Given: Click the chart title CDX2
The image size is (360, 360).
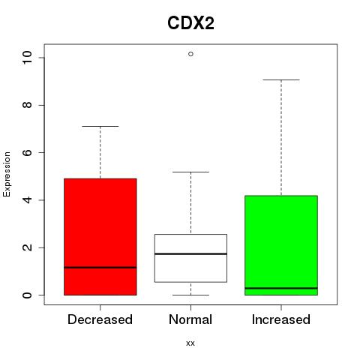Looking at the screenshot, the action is (190, 23).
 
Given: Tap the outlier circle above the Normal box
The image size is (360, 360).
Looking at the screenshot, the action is (190, 54).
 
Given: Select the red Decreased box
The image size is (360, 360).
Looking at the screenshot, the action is (100, 237).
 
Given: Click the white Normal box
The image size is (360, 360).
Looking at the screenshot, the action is (190, 258).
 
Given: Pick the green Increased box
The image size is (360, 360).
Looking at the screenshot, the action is (281, 245).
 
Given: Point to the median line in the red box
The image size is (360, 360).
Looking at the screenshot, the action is (100, 268).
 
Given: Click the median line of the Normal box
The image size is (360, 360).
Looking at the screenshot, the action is (190, 253).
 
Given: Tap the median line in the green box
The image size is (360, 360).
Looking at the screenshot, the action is (281, 288).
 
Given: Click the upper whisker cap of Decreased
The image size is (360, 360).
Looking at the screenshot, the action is (100, 126).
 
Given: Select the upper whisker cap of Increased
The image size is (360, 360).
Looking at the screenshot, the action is (281, 79).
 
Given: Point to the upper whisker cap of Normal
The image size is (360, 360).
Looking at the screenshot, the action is (190, 172).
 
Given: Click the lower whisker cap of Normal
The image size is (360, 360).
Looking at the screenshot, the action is (190, 295).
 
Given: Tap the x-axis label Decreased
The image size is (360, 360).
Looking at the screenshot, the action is (100, 319).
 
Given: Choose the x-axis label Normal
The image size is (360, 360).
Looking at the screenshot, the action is (190, 319).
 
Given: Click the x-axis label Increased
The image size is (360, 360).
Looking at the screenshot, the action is (281, 319).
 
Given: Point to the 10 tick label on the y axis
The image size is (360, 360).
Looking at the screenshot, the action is (27, 58).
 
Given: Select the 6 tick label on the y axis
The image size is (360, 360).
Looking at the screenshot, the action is (27, 152).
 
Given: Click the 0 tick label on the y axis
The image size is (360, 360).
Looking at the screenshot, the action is (27, 295).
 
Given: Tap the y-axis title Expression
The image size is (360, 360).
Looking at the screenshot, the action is (7, 174).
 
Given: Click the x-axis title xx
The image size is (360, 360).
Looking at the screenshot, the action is (190, 343).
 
